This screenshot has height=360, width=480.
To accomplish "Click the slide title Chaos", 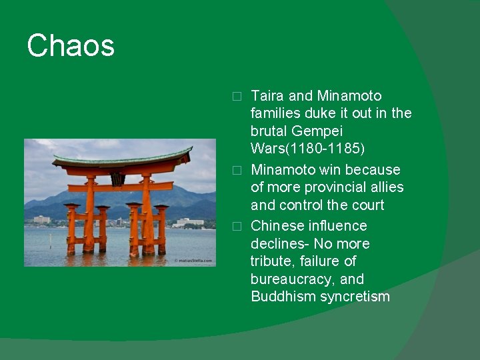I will click(71, 46).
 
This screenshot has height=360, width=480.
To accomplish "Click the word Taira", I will click(267, 96).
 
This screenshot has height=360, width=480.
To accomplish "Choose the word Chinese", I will click(277, 226).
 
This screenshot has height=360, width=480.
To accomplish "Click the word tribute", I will click(273, 261).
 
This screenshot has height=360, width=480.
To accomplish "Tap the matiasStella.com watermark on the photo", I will click(193, 260).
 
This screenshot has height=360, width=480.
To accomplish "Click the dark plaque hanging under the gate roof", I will click(118, 179).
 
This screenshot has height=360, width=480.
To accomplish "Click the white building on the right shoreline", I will click(190, 221).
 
